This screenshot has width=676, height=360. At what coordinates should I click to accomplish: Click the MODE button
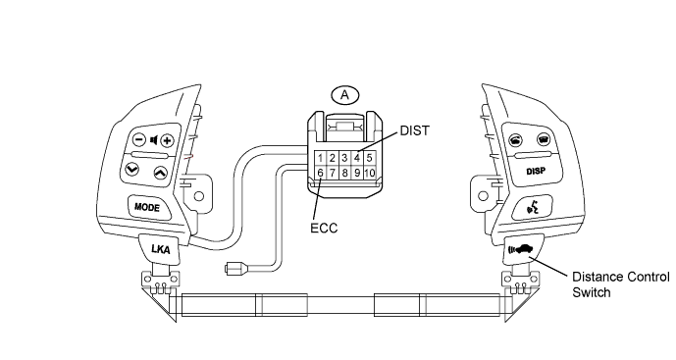[x=147, y=207]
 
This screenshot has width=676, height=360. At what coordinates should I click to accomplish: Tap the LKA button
[x=160, y=249]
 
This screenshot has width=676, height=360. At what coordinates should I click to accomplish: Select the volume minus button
[x=138, y=139]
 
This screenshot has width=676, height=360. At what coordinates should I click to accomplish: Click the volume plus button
[x=167, y=140]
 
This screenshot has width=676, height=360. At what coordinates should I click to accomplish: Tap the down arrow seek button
[x=131, y=169]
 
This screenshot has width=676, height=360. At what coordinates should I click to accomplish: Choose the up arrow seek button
[x=160, y=174]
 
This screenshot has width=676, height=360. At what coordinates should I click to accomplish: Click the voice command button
[x=533, y=208]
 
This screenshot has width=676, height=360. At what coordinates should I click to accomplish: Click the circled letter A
[x=344, y=95]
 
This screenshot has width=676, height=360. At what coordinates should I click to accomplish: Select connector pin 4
[x=357, y=158]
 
